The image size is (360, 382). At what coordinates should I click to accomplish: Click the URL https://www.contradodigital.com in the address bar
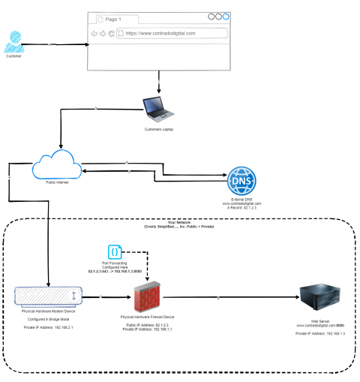coord(160,33)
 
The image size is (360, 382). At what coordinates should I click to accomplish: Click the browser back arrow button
coord(94,33)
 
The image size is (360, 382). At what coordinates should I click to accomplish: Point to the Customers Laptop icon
coord(159,109)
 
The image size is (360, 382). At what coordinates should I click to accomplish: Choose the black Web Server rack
coord(319,300)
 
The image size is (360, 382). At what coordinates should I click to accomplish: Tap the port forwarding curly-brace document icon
coord(115,252)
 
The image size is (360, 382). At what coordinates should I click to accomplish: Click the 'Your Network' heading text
coord(179,223)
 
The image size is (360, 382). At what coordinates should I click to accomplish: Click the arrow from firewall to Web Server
coord(225,299)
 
